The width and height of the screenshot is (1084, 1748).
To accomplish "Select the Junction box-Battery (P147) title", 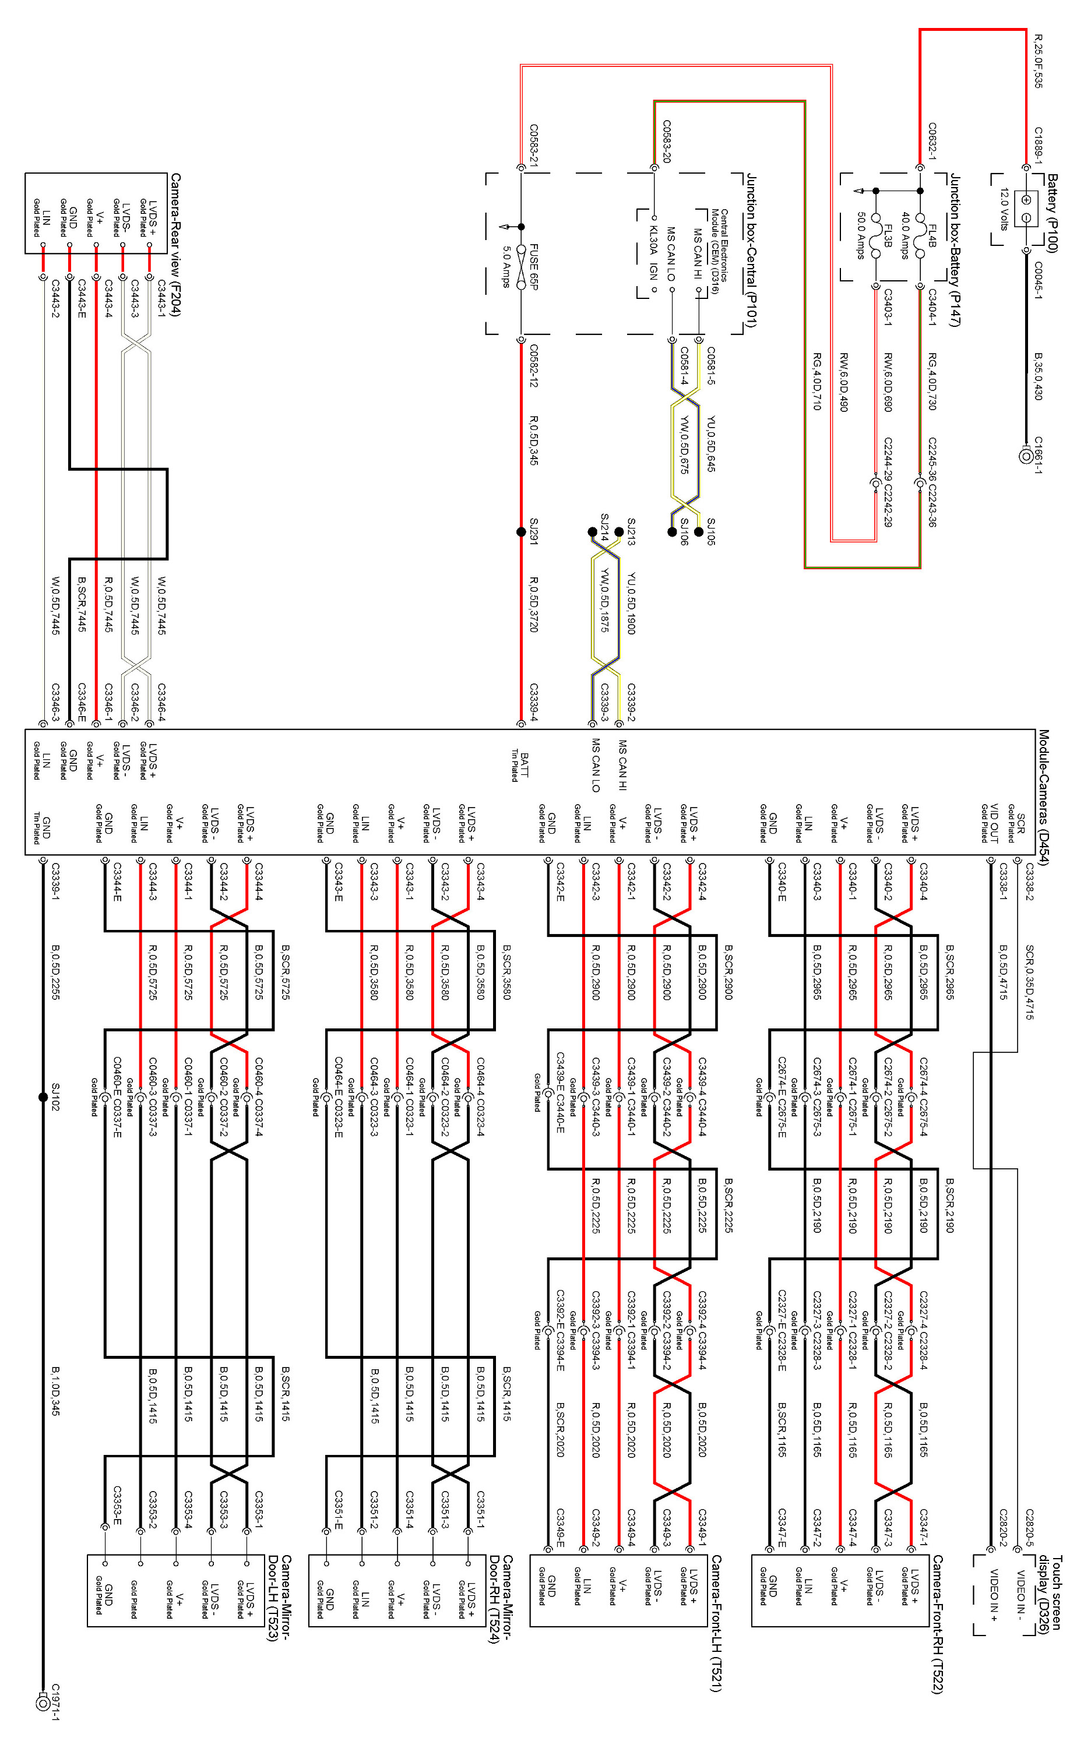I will pos(954,249).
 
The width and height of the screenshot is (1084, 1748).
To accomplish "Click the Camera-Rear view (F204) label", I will pos(175,244).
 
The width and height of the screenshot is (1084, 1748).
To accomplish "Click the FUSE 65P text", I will pos(533,267).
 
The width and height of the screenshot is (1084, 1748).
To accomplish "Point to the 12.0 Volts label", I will pos(1004,209).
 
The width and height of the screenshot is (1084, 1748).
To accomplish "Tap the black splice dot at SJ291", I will pos(521,532).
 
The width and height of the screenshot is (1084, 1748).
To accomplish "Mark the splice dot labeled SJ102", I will pos(43,1097).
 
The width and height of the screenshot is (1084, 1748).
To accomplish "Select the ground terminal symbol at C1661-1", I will pos(1026,454).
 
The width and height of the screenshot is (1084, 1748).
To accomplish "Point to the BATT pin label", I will pos(523,766).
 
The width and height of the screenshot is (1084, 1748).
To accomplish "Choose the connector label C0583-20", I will pos(667,141).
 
